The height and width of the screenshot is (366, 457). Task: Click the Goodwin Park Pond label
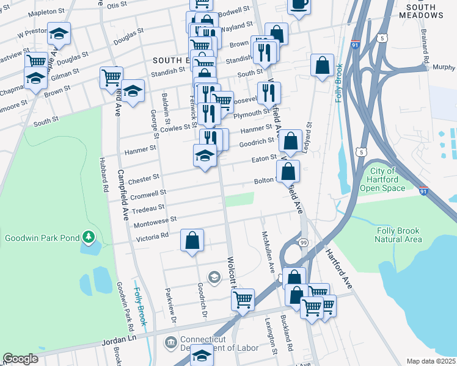[42, 237]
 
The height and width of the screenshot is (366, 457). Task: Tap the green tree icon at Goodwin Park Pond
[89, 236]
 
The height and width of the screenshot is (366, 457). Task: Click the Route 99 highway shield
[304, 243]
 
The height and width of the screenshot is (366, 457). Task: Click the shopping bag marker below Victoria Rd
[192, 240]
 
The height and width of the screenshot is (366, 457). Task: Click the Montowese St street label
[155, 220]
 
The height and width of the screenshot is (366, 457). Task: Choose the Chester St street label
[144, 178]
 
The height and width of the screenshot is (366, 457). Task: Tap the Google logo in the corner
[20, 359]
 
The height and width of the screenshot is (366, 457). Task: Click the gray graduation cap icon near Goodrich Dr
[213, 278]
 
